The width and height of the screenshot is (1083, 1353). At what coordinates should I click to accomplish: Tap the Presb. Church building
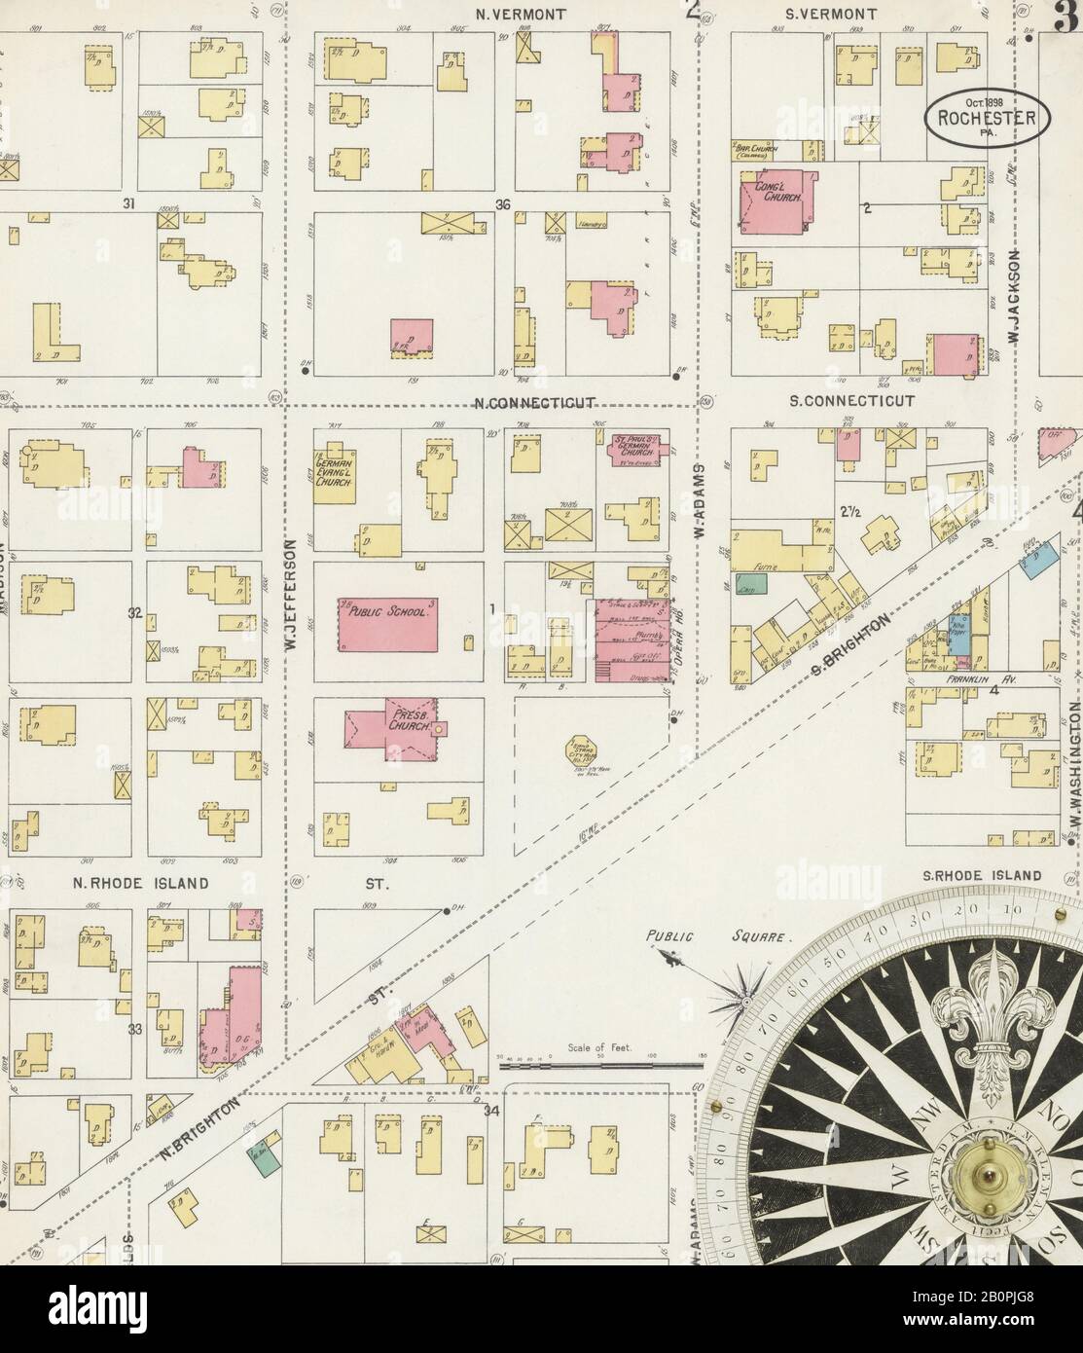click(389, 730)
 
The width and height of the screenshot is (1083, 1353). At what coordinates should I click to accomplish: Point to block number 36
click(502, 204)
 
